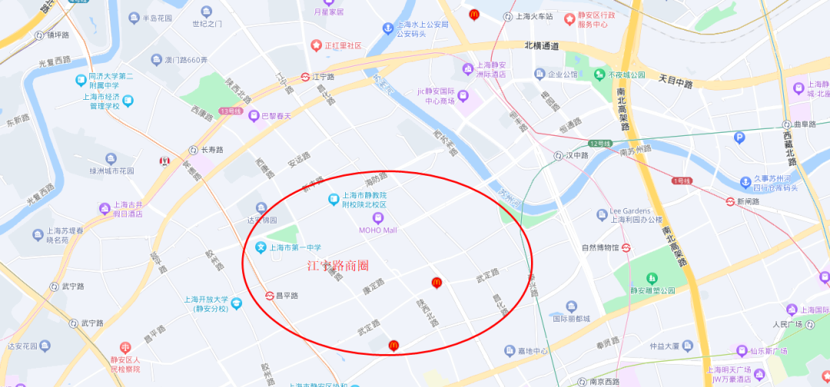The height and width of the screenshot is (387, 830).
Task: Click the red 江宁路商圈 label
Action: [x=337, y=266]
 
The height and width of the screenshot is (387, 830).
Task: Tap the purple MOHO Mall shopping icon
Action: [x=377, y=218]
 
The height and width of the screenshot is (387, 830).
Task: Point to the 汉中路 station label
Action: [x=576, y=155]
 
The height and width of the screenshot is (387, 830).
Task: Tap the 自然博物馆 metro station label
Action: [x=600, y=247]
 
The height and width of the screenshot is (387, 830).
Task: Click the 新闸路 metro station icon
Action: [x=729, y=201]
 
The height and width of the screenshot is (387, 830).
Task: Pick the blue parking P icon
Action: [x=739, y=138]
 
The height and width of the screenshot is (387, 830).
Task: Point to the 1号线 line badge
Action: [x=682, y=181]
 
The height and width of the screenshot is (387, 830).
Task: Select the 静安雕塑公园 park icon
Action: [x=652, y=277]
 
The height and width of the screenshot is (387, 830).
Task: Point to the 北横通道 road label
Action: [x=542, y=46]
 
